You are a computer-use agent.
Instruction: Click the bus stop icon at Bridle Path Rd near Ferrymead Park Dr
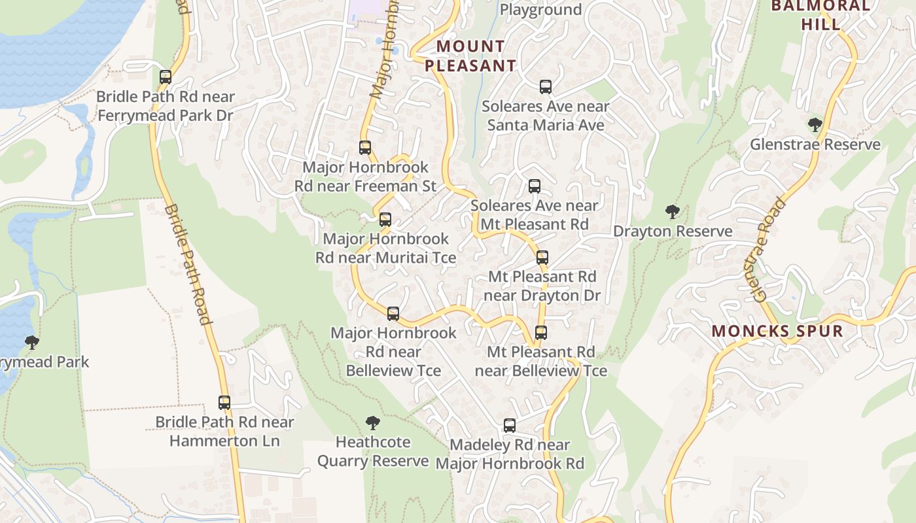[166, 77]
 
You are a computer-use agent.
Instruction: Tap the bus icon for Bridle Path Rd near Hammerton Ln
[224, 403]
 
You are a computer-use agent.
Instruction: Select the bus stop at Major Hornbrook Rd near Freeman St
[365, 148]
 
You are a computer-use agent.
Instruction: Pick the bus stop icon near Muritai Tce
[385, 220]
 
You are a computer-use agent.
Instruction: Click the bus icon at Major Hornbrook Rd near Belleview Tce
[393, 314]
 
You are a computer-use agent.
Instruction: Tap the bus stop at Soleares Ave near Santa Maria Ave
[546, 87]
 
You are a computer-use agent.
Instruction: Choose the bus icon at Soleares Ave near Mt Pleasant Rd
[535, 186]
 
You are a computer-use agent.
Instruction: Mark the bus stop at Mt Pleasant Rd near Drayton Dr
[542, 258]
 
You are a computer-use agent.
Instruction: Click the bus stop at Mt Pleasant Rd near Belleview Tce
[541, 333]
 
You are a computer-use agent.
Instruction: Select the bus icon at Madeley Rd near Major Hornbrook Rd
[510, 426]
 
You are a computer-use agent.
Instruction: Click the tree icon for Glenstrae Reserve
[815, 125]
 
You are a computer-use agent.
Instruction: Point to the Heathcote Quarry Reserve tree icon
[373, 423]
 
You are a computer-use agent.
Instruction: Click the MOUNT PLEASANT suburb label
[470, 56]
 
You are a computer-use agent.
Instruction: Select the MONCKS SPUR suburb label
[777, 331]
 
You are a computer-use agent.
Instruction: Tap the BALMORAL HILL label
[820, 15]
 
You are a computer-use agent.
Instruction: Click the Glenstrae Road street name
[769, 249]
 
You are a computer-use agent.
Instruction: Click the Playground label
[540, 9]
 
